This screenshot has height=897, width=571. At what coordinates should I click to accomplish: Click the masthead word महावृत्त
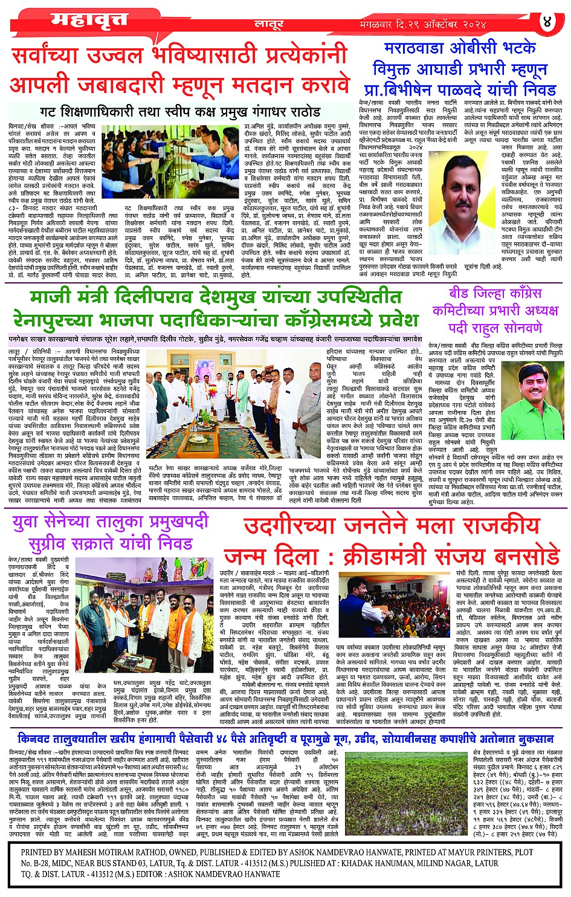(89, 21)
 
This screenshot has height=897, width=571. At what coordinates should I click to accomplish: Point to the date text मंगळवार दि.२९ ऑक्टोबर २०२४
(423, 25)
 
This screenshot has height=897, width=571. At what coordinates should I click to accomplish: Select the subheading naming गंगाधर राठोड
(180, 112)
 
